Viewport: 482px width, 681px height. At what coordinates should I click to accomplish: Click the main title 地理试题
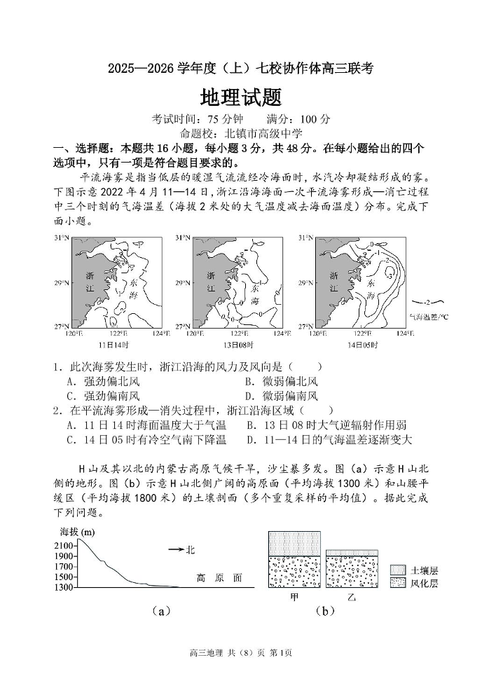tap(241, 96)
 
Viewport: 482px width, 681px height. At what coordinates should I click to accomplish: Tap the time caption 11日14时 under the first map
tap(113, 345)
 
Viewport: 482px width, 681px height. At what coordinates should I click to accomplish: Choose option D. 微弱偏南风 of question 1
tap(281, 395)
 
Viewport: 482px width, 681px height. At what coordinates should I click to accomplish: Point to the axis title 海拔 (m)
tap(78, 532)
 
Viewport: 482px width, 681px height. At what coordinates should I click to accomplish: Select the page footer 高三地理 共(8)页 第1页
tap(240, 654)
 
